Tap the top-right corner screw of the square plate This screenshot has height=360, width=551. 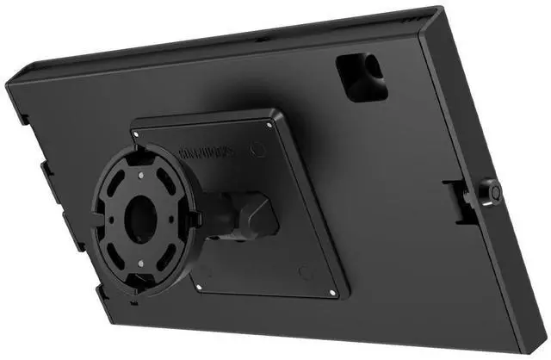[x=271, y=124]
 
